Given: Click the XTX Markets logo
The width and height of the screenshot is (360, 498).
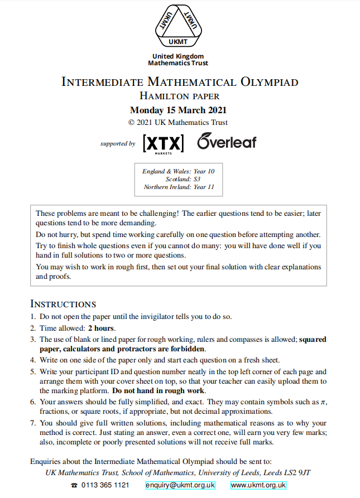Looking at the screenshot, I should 163,144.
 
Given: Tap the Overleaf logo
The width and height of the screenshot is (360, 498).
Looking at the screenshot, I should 226,142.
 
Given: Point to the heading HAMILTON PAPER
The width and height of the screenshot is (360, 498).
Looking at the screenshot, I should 180,96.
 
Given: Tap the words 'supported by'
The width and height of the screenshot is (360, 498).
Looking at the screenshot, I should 118,144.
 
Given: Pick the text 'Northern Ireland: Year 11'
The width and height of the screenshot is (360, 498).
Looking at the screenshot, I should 179,187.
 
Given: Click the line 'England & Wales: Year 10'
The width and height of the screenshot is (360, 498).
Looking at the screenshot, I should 179,171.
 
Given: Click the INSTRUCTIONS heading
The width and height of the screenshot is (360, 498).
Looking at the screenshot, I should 63,304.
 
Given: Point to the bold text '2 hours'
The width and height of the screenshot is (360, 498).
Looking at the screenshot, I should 102,328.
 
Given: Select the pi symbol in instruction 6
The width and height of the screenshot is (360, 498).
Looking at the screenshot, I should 323,402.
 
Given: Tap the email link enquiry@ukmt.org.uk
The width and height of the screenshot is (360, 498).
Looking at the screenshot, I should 180,485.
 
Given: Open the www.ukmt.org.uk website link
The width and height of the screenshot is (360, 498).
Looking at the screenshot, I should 258,485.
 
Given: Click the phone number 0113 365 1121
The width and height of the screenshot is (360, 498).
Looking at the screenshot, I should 105,485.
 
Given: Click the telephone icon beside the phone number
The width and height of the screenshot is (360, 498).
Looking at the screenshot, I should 74,486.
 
